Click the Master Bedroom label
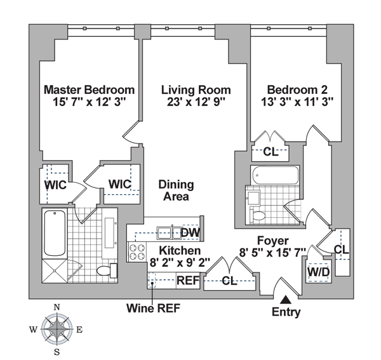click(89, 90)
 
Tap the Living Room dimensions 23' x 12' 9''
click(195, 101)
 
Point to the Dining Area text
click(176, 190)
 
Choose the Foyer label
click(273, 241)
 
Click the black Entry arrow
click(287, 298)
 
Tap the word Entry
click(286, 312)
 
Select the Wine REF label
click(152, 309)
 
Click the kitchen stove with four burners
click(137, 251)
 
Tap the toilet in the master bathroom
click(105, 272)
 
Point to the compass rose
click(58, 329)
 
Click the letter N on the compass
click(58, 307)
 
